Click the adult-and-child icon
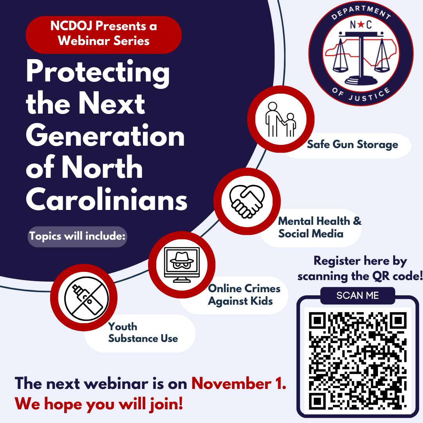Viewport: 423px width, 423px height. [x=280, y=120]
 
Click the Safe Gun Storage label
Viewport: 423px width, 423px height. [x=352, y=145]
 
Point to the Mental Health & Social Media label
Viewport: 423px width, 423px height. [x=319, y=227]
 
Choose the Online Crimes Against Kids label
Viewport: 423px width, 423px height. [x=244, y=295]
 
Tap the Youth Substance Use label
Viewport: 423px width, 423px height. [x=143, y=333]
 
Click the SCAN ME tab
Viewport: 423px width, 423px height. [x=357, y=295]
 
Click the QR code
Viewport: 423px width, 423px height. [x=357, y=360]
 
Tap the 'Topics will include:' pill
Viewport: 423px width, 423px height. [x=77, y=237]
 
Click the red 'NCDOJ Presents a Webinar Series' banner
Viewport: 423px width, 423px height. [x=103, y=34]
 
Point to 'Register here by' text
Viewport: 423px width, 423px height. [x=360, y=261]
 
